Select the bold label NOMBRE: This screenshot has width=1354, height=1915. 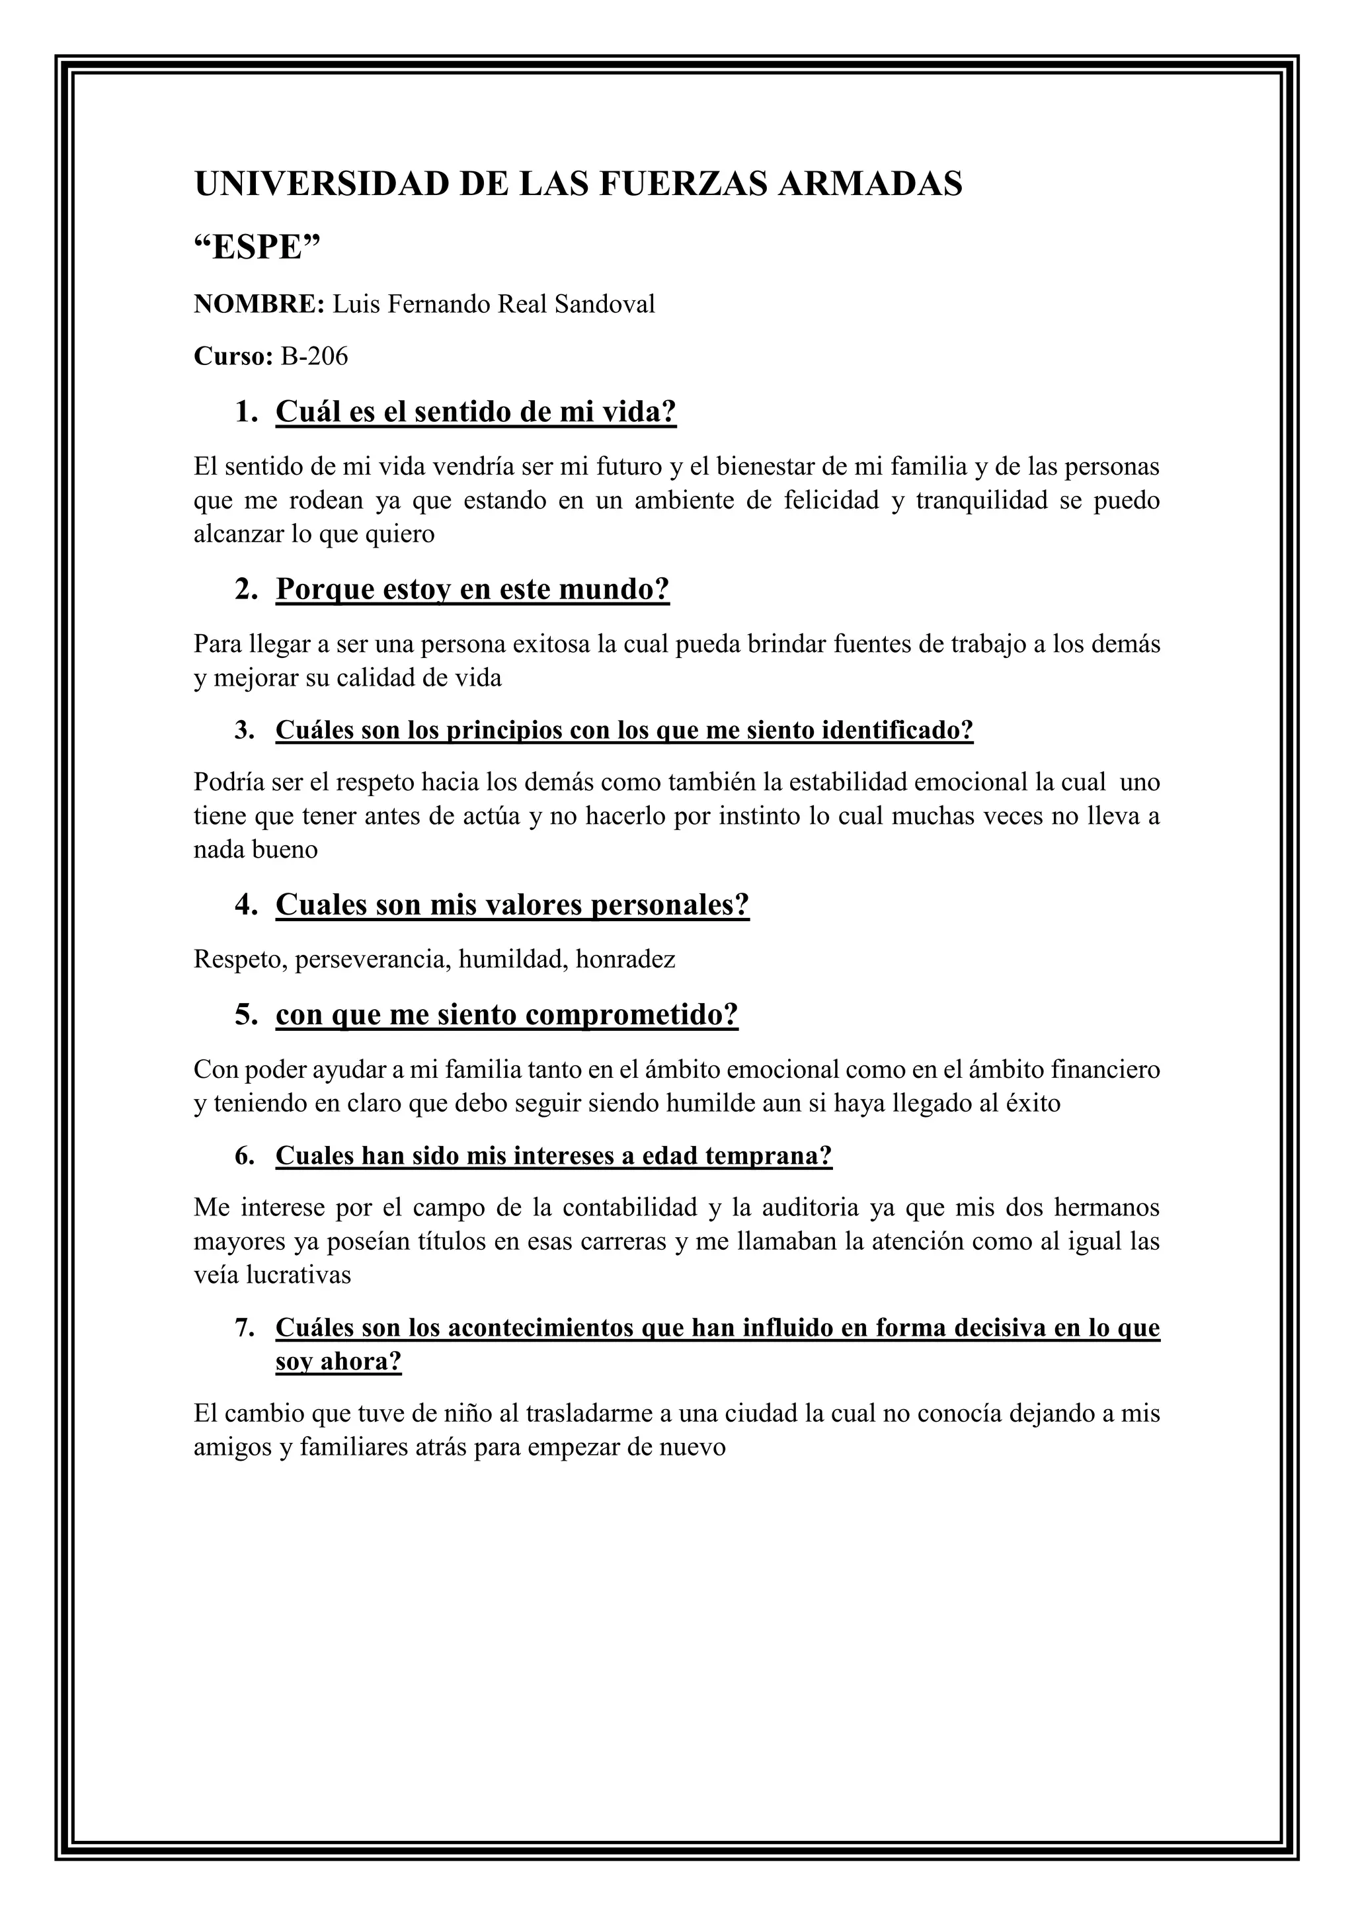pyautogui.click(x=259, y=304)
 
